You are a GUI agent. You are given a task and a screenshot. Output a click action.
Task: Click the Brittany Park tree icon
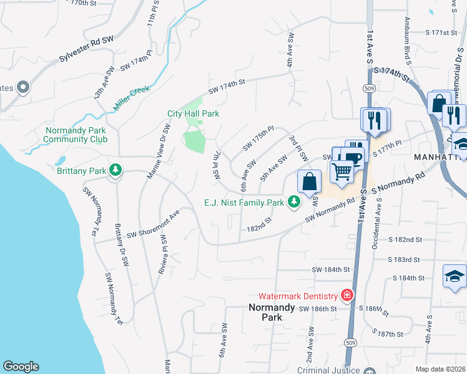tap(115, 170)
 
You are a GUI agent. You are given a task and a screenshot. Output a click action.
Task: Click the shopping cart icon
tap(342, 170)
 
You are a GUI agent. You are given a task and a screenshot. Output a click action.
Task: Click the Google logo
tap(21, 367)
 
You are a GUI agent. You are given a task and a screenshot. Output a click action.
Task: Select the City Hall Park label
tap(193, 114)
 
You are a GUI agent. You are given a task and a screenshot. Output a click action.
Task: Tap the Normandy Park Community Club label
tap(76, 135)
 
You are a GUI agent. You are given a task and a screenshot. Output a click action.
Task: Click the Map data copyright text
tap(440, 369)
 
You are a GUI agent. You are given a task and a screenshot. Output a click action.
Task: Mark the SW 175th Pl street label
tap(258, 139)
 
